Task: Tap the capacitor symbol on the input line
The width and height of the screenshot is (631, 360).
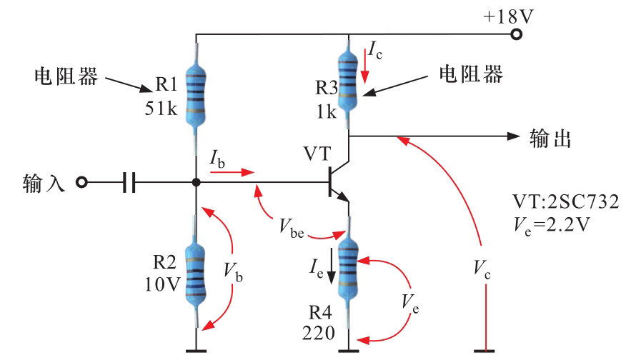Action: (x=129, y=183)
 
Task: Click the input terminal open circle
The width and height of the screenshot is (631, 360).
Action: (x=81, y=183)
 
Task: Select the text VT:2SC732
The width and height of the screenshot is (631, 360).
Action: (x=565, y=202)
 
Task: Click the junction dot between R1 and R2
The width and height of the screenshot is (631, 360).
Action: (x=196, y=183)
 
